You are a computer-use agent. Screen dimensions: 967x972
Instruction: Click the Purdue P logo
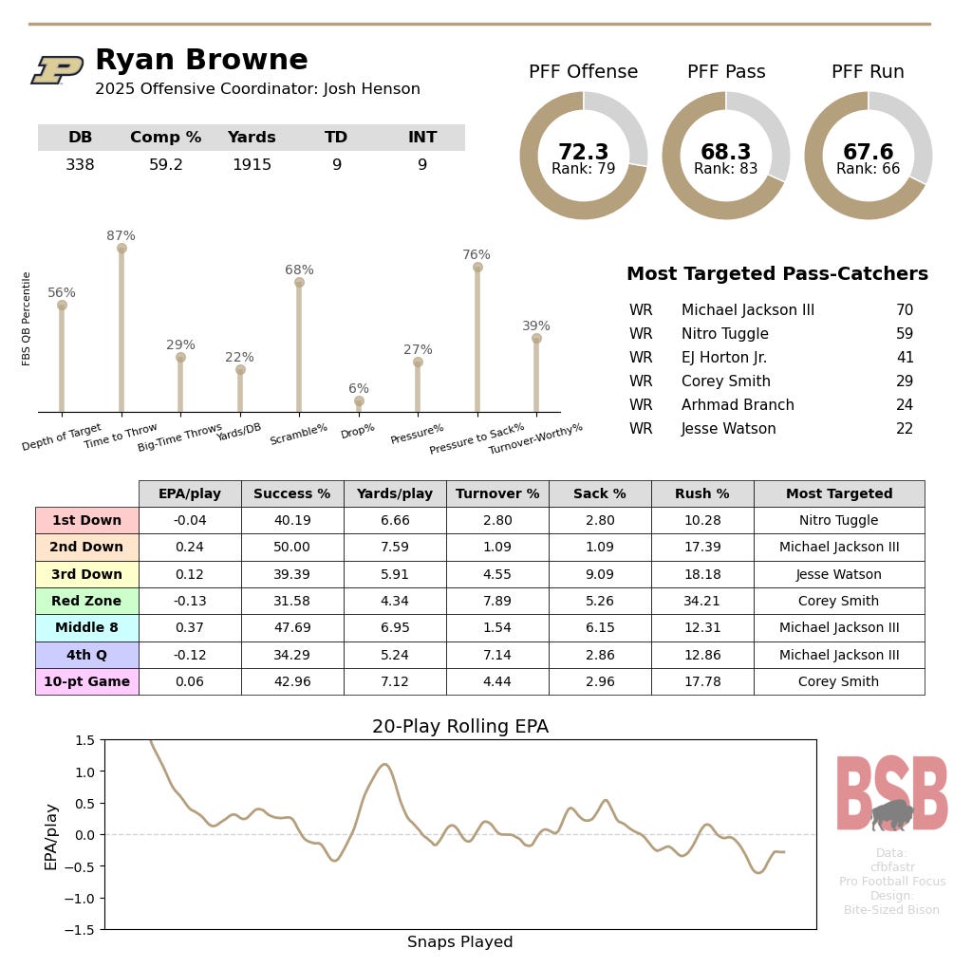pos(57,70)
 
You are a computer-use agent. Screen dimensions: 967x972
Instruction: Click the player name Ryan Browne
pos(201,60)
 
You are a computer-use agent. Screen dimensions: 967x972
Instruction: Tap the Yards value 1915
pos(252,165)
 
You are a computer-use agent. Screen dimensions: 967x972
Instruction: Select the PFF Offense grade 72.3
pos(583,152)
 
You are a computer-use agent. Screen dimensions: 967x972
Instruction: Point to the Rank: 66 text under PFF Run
pos(868,169)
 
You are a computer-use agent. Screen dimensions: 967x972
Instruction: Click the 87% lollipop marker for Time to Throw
pos(121,248)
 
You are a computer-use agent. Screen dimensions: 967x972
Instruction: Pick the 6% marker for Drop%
pos(359,401)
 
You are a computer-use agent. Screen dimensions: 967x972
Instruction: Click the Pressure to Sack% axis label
pos(477,437)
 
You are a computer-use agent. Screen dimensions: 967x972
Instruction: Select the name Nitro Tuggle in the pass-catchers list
pos(724,334)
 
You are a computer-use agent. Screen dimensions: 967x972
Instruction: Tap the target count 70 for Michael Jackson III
pos(904,310)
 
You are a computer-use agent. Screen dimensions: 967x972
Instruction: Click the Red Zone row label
pos(86,601)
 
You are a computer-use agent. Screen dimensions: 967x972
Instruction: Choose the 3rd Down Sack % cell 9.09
pos(600,574)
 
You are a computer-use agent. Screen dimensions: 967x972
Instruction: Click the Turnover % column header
pos(497,493)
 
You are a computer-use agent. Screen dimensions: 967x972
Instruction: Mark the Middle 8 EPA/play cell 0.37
pos(190,627)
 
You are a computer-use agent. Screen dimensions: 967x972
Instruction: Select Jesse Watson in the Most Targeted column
pos(839,574)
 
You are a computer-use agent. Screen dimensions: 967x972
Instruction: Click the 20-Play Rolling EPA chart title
pos(459,727)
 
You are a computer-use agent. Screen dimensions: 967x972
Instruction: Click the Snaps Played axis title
pos(459,942)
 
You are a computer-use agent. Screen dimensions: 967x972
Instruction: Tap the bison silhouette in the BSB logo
pos(891,814)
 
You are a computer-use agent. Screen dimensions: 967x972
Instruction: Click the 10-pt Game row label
pos(86,681)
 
